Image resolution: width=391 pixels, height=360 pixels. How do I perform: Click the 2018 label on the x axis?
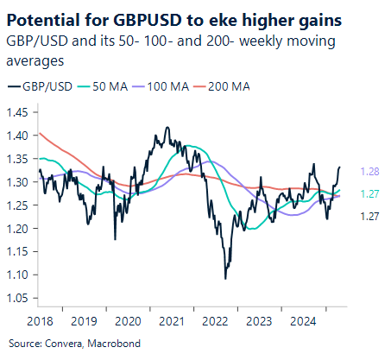coord(39,320)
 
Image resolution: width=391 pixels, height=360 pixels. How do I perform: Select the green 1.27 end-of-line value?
coord(369,195)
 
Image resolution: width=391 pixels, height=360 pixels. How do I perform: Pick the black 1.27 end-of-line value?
coord(369,218)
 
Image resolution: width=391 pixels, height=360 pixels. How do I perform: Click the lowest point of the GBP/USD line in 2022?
coord(225,278)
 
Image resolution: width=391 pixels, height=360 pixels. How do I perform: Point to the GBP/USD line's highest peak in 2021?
coord(166,128)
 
